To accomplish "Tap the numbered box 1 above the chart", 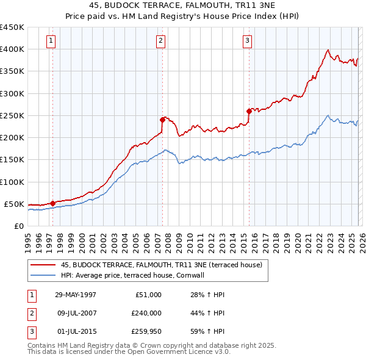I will coord(50,41).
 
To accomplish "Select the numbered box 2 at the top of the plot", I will coord(160,41).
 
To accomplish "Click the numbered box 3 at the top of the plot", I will coord(247,41).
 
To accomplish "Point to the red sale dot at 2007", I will coord(163,120).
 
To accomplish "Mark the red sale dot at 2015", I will coord(249,111).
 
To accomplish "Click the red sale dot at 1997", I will coord(52,203).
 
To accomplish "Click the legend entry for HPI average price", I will coord(132,275).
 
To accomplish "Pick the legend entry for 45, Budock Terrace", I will coord(161,265).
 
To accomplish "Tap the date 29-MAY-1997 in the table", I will coord(76,295).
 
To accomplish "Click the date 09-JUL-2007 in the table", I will coord(76,313).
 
